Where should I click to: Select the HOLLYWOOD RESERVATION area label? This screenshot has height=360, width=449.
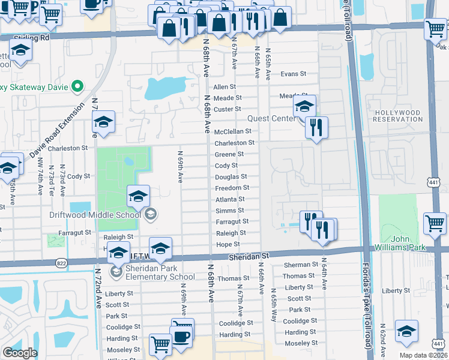coord(397,116)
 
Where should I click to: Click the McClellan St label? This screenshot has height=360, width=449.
coord(237,131)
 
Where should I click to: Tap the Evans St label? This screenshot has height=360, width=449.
coord(294,74)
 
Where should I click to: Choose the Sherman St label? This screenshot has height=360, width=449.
coord(297,265)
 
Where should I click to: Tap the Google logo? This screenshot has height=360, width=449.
coord(20,353)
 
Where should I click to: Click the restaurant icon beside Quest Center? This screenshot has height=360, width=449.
coord(316,127)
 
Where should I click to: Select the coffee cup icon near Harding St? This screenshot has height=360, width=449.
coord(182,335)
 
